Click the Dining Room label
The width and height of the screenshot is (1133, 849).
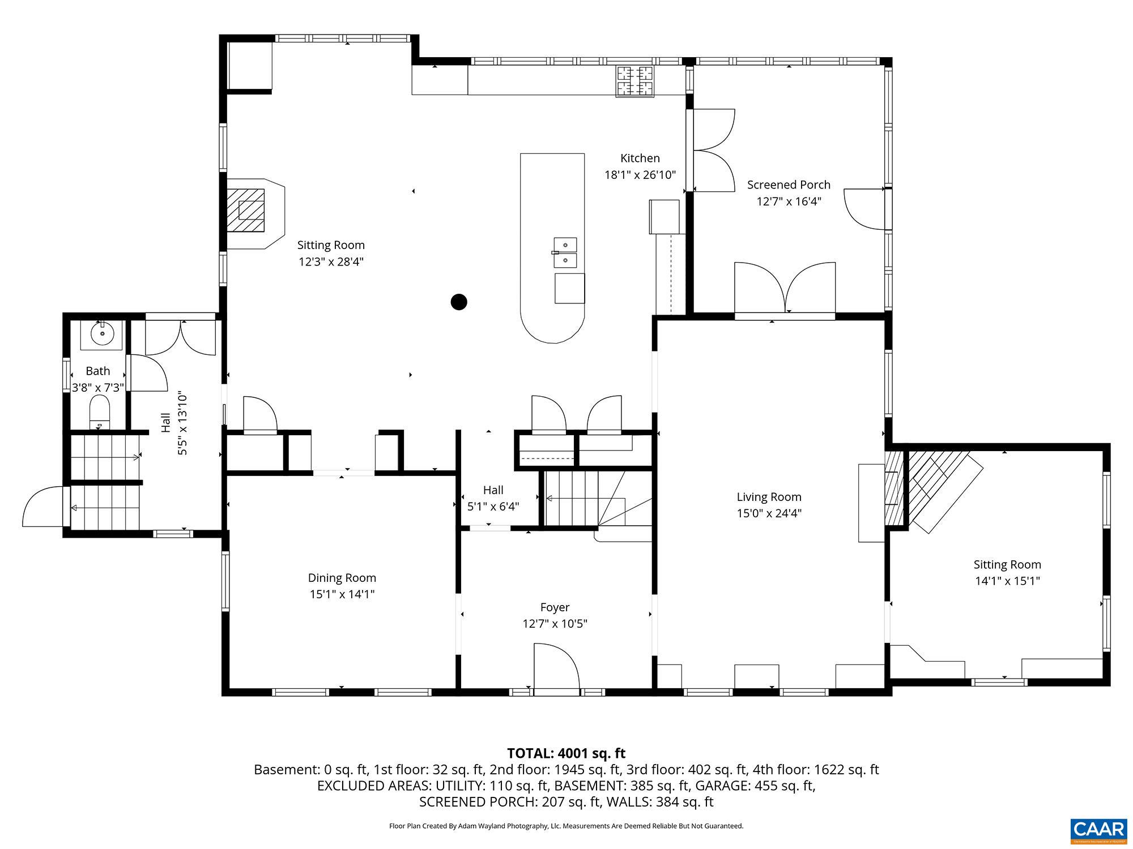[342, 578]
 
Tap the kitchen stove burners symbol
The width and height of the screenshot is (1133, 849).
[634, 81]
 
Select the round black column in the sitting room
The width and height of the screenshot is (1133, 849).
[458, 302]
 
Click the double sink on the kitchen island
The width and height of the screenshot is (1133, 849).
[565, 252]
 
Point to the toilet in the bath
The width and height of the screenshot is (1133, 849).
[100, 412]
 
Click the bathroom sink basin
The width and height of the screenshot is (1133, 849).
[102, 334]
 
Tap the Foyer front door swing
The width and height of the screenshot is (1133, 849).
[556, 668]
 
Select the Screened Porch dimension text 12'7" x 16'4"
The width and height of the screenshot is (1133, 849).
[789, 201]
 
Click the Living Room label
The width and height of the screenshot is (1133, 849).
[769, 497]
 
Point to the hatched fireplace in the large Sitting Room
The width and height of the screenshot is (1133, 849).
[246, 209]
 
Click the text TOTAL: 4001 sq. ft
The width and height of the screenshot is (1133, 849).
[565, 753]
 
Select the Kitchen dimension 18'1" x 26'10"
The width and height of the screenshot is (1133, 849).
[640, 175]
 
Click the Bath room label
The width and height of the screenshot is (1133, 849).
[97, 371]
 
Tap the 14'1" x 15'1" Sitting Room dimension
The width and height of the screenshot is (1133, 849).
[1007, 581]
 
